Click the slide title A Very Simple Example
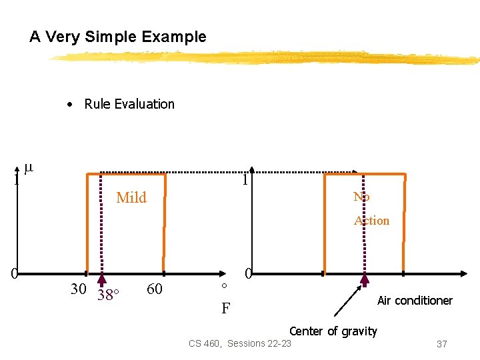(118, 37)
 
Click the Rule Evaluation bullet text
(129, 104)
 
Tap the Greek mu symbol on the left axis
(28, 169)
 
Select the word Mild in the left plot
(131, 197)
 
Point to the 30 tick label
(78, 289)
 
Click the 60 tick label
(154, 289)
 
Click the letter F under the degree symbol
(226, 309)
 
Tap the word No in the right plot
(361, 197)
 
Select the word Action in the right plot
(371, 221)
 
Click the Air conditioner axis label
(415, 301)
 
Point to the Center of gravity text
(333, 331)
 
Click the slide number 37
(441, 344)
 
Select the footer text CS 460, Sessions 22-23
(240, 343)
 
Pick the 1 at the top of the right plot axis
(245, 180)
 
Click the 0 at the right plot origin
(248, 273)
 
